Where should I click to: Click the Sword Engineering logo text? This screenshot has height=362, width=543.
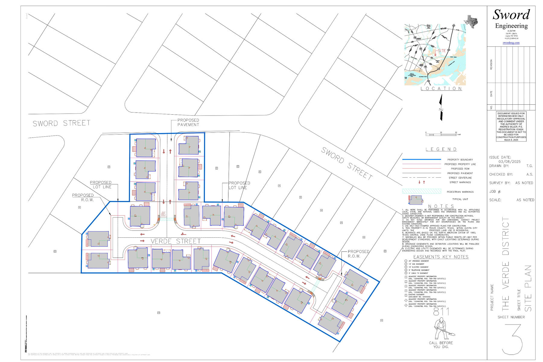511,19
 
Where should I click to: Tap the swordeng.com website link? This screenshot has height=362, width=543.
511,43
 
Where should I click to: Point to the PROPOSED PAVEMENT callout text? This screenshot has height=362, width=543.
188,122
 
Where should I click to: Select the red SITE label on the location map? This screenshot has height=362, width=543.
442,51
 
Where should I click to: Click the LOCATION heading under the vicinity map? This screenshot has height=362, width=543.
441,89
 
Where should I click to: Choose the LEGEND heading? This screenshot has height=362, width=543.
441,149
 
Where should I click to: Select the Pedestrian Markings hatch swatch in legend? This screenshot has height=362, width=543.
421,192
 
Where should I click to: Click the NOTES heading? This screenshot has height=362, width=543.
441,206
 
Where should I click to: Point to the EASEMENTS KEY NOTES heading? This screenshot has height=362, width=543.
441,257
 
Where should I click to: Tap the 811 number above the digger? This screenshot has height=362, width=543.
441,312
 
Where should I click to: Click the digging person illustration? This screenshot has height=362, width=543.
442,329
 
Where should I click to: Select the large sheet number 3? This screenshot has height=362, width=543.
512,339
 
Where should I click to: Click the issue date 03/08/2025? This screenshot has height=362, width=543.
510,162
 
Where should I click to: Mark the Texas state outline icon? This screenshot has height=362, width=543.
472,21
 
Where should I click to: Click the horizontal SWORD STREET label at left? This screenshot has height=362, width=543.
62,123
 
